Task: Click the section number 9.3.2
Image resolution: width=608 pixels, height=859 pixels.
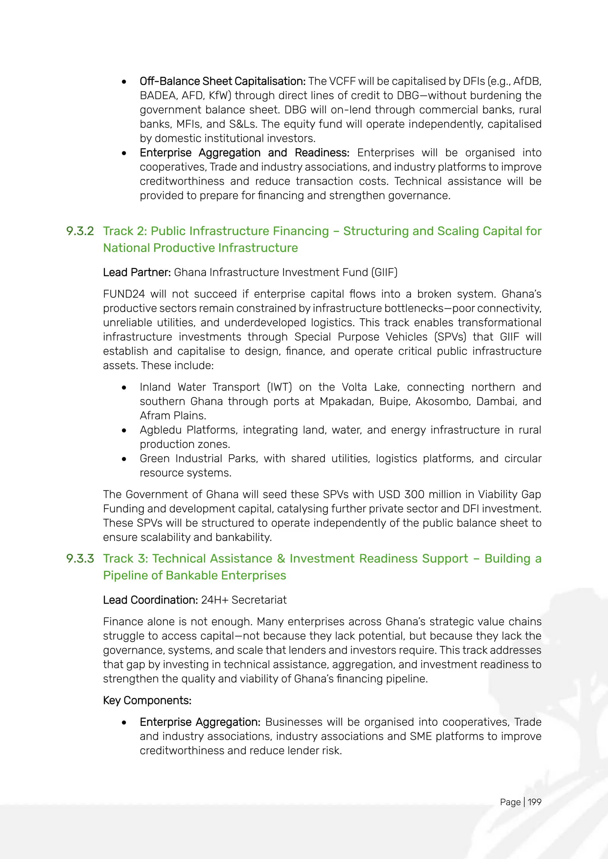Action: click(x=80, y=231)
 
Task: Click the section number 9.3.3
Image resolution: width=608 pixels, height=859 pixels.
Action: click(x=80, y=559)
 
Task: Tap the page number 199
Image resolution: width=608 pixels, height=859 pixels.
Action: click(x=535, y=802)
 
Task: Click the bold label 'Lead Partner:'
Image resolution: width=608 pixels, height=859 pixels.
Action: click(x=137, y=272)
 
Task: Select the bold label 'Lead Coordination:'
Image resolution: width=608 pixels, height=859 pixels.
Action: click(x=150, y=600)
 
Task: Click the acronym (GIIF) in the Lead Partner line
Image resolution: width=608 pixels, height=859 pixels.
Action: click(x=384, y=272)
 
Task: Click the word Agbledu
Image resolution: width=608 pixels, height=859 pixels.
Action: click(x=160, y=430)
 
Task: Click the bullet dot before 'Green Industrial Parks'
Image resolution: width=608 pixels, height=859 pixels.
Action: click(x=124, y=459)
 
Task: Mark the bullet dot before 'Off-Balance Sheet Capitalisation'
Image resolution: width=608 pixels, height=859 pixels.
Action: click(x=124, y=82)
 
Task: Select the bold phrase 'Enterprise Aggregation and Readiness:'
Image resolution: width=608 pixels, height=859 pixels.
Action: click(x=244, y=153)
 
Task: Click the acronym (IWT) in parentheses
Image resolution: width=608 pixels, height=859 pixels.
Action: click(x=279, y=387)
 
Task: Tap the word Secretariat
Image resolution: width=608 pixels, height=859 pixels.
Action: click(x=259, y=600)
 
